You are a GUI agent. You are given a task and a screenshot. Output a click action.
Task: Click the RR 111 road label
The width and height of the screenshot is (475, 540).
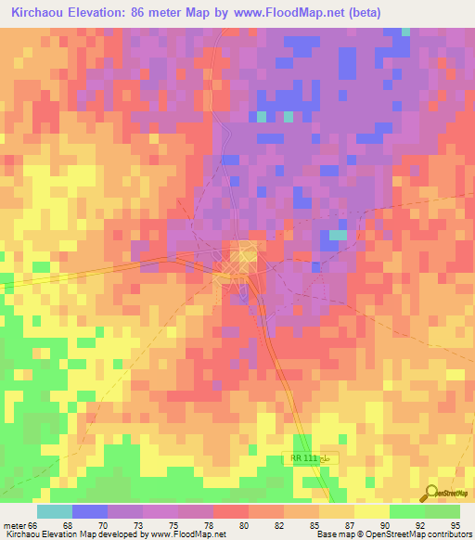click(x=302, y=459)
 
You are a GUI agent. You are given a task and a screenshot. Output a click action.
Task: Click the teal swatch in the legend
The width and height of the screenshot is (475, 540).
click(x=54, y=511)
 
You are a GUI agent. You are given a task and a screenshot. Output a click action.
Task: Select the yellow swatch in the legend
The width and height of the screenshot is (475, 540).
click(x=371, y=511)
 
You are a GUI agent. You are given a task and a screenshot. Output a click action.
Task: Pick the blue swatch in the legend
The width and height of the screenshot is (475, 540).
click(x=90, y=511)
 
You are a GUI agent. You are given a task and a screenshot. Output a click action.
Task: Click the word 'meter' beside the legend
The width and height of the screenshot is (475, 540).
click(x=15, y=524)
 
